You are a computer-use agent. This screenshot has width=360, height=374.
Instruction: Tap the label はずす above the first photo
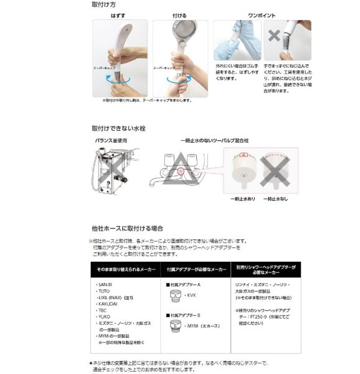coord(118,14)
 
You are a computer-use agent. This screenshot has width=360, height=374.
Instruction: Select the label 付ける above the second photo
coord(178,14)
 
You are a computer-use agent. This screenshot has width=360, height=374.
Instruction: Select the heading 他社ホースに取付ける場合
coord(122,229)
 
